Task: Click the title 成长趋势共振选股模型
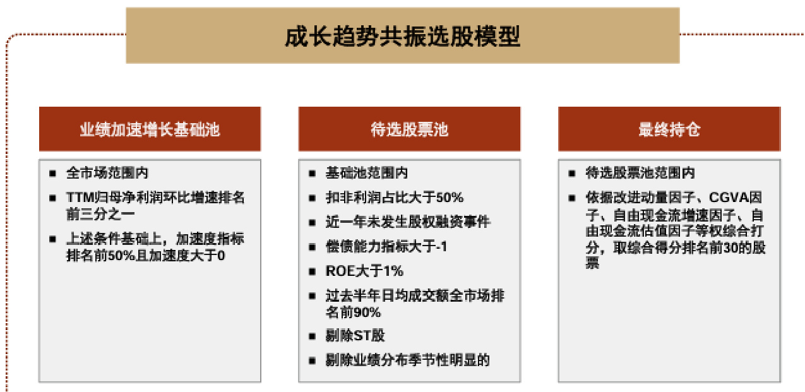[403, 36]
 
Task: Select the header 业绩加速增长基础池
[150, 129]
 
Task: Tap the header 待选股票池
[409, 129]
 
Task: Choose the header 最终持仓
[669, 129]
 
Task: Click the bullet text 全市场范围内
[107, 173]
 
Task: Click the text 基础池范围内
[367, 173]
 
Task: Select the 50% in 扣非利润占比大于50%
[450, 198]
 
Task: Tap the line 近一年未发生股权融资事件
[408, 222]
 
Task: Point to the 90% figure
[367, 312]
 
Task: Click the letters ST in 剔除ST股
[362, 336]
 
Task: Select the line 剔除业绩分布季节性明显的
[408, 360]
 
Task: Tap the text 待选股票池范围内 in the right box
[640, 173]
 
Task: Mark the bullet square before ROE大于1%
[312, 271]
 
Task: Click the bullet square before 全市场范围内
[52, 174]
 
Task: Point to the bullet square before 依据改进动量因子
[572, 198]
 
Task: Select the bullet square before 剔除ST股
[312, 336]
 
